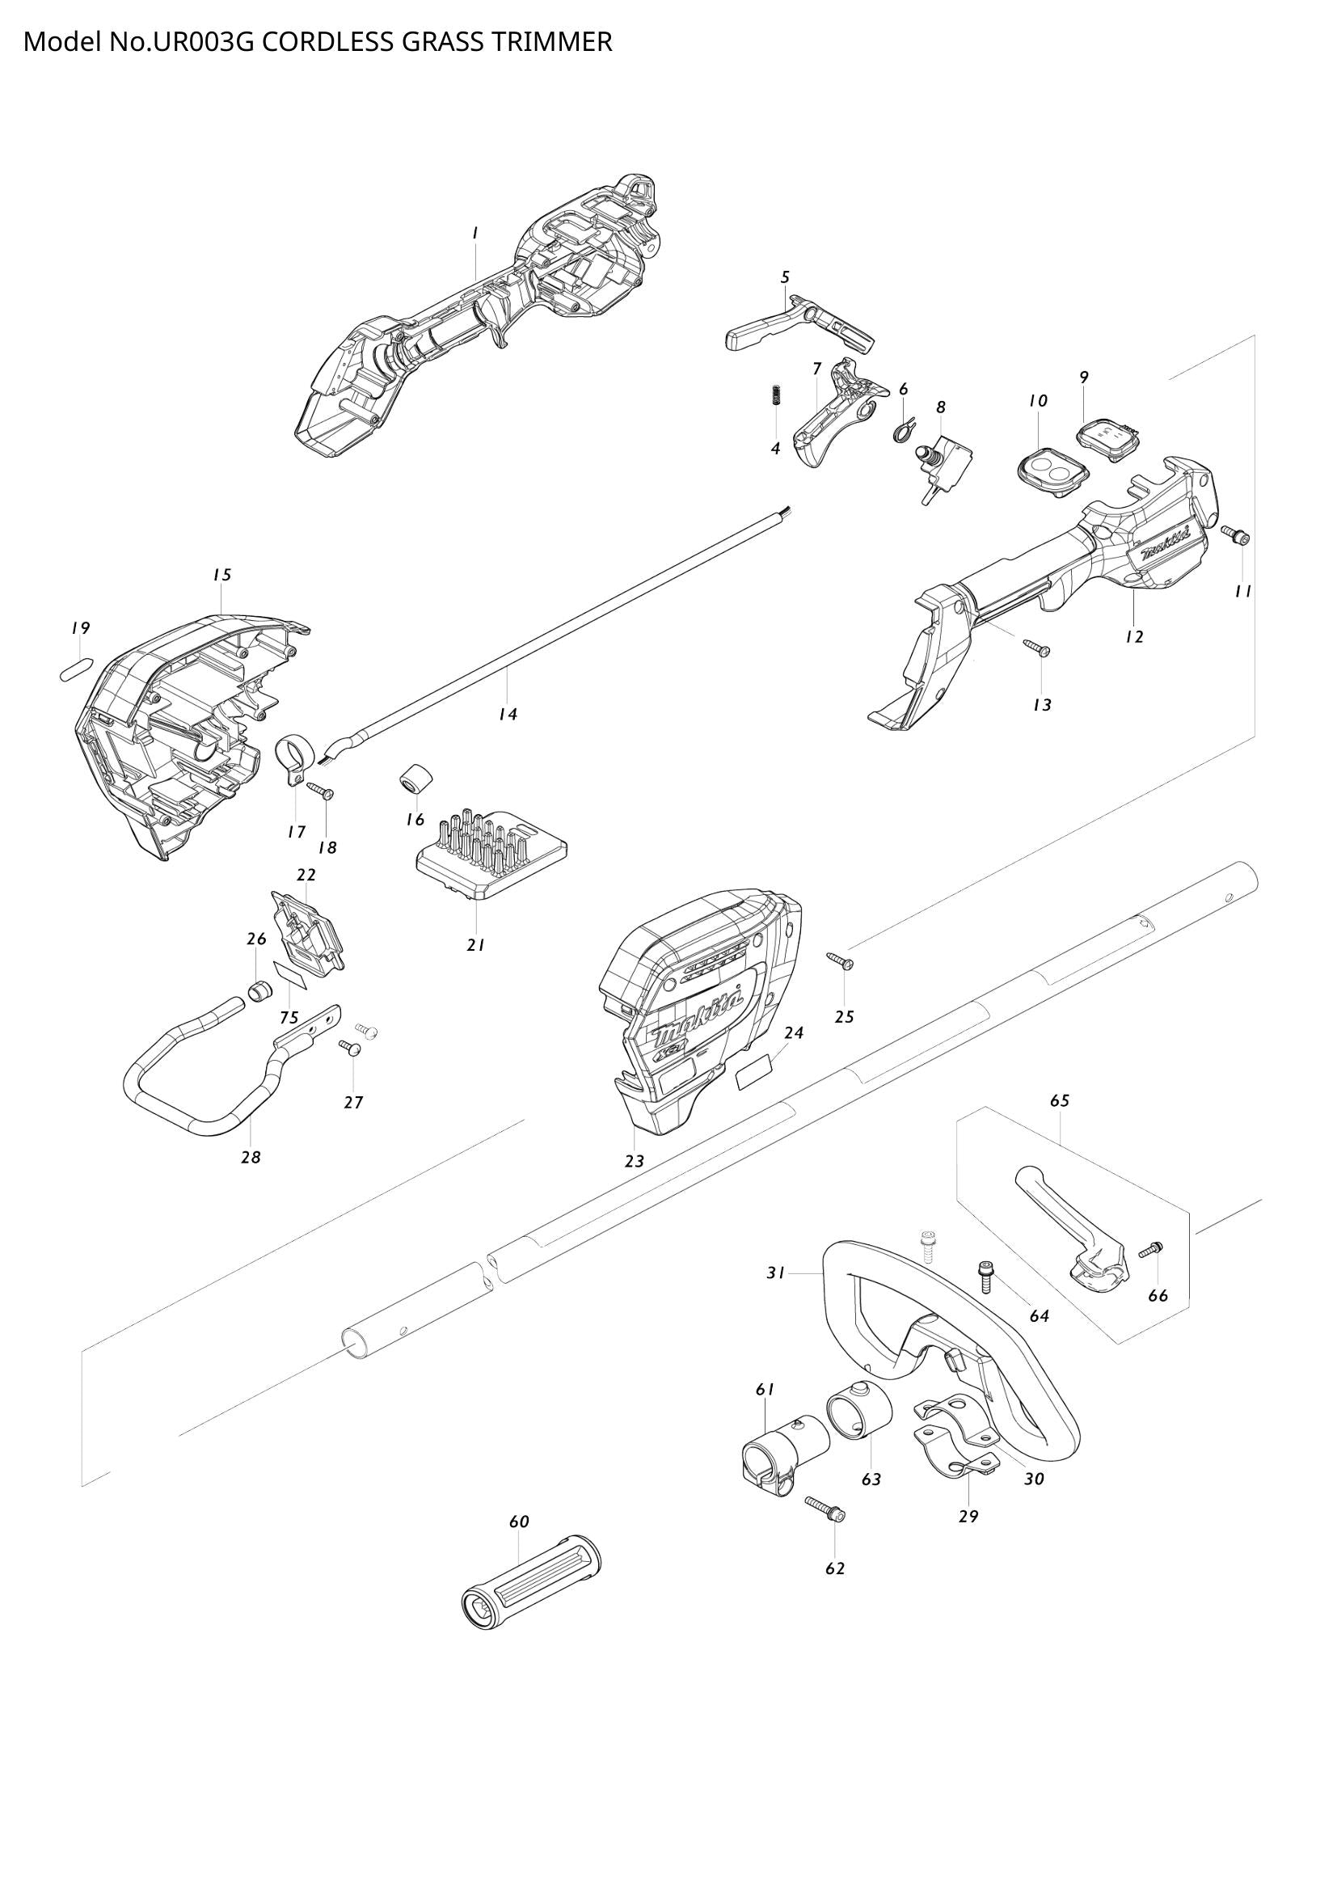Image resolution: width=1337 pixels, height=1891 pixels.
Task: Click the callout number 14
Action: [x=507, y=715]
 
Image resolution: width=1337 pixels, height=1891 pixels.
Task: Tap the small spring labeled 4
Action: [x=774, y=395]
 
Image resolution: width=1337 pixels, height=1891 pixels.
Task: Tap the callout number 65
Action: [x=1060, y=1100]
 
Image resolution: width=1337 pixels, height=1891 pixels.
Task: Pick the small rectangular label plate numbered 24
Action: [x=755, y=1075]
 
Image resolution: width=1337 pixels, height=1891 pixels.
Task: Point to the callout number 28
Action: [x=251, y=1157]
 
